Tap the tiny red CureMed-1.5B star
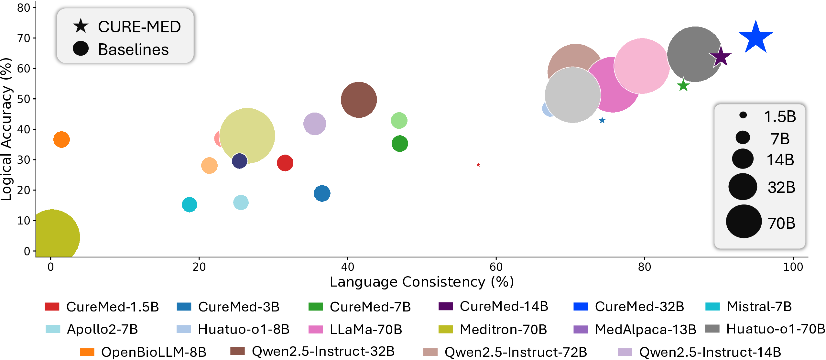(x=478, y=165)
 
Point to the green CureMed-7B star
(x=683, y=85)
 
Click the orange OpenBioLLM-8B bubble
(x=61, y=140)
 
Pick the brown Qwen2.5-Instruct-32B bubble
(x=359, y=100)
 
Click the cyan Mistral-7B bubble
(x=189, y=204)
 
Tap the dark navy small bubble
(x=239, y=161)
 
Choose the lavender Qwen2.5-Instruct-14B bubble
(x=314, y=124)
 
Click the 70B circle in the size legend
(x=744, y=222)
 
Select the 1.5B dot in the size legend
(x=743, y=115)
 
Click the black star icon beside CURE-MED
(x=81, y=26)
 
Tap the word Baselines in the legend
(x=133, y=49)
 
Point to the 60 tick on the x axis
(x=496, y=267)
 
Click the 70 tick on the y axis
(x=24, y=38)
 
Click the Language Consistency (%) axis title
(x=421, y=282)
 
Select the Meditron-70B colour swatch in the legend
(x=446, y=329)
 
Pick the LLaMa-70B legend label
(x=365, y=329)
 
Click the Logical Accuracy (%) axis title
(x=6, y=129)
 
